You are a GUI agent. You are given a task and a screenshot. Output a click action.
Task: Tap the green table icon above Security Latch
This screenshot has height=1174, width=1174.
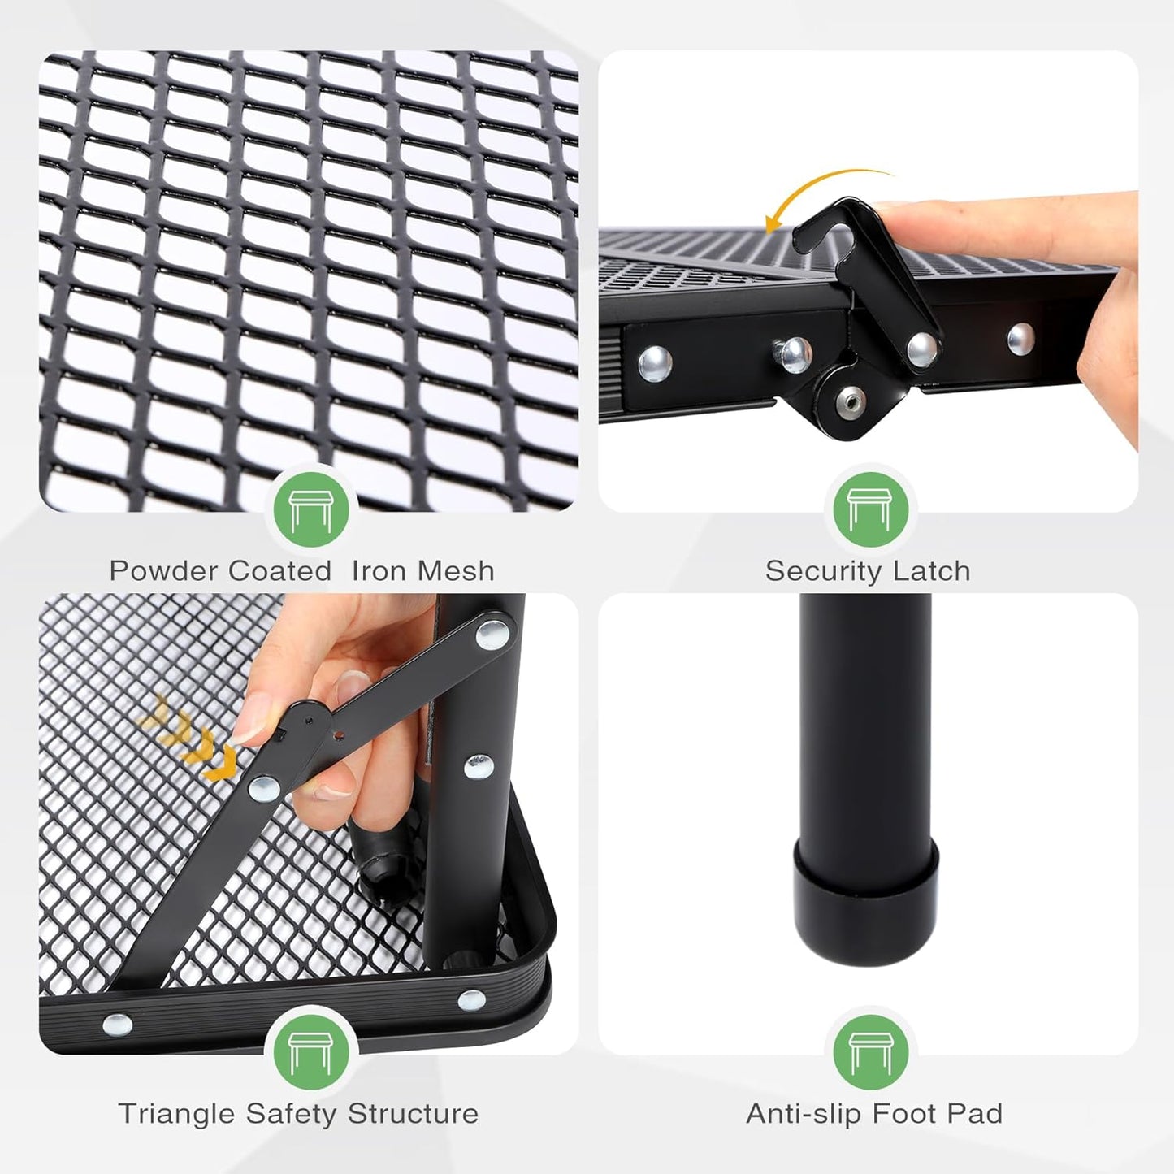click(x=869, y=509)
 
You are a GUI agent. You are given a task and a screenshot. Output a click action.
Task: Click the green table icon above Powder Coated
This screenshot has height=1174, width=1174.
click(x=310, y=509)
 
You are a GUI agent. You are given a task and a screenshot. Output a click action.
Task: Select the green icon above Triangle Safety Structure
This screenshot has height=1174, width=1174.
click(x=310, y=1052)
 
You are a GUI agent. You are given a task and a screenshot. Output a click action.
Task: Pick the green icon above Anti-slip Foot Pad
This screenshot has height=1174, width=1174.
click(x=869, y=1052)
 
